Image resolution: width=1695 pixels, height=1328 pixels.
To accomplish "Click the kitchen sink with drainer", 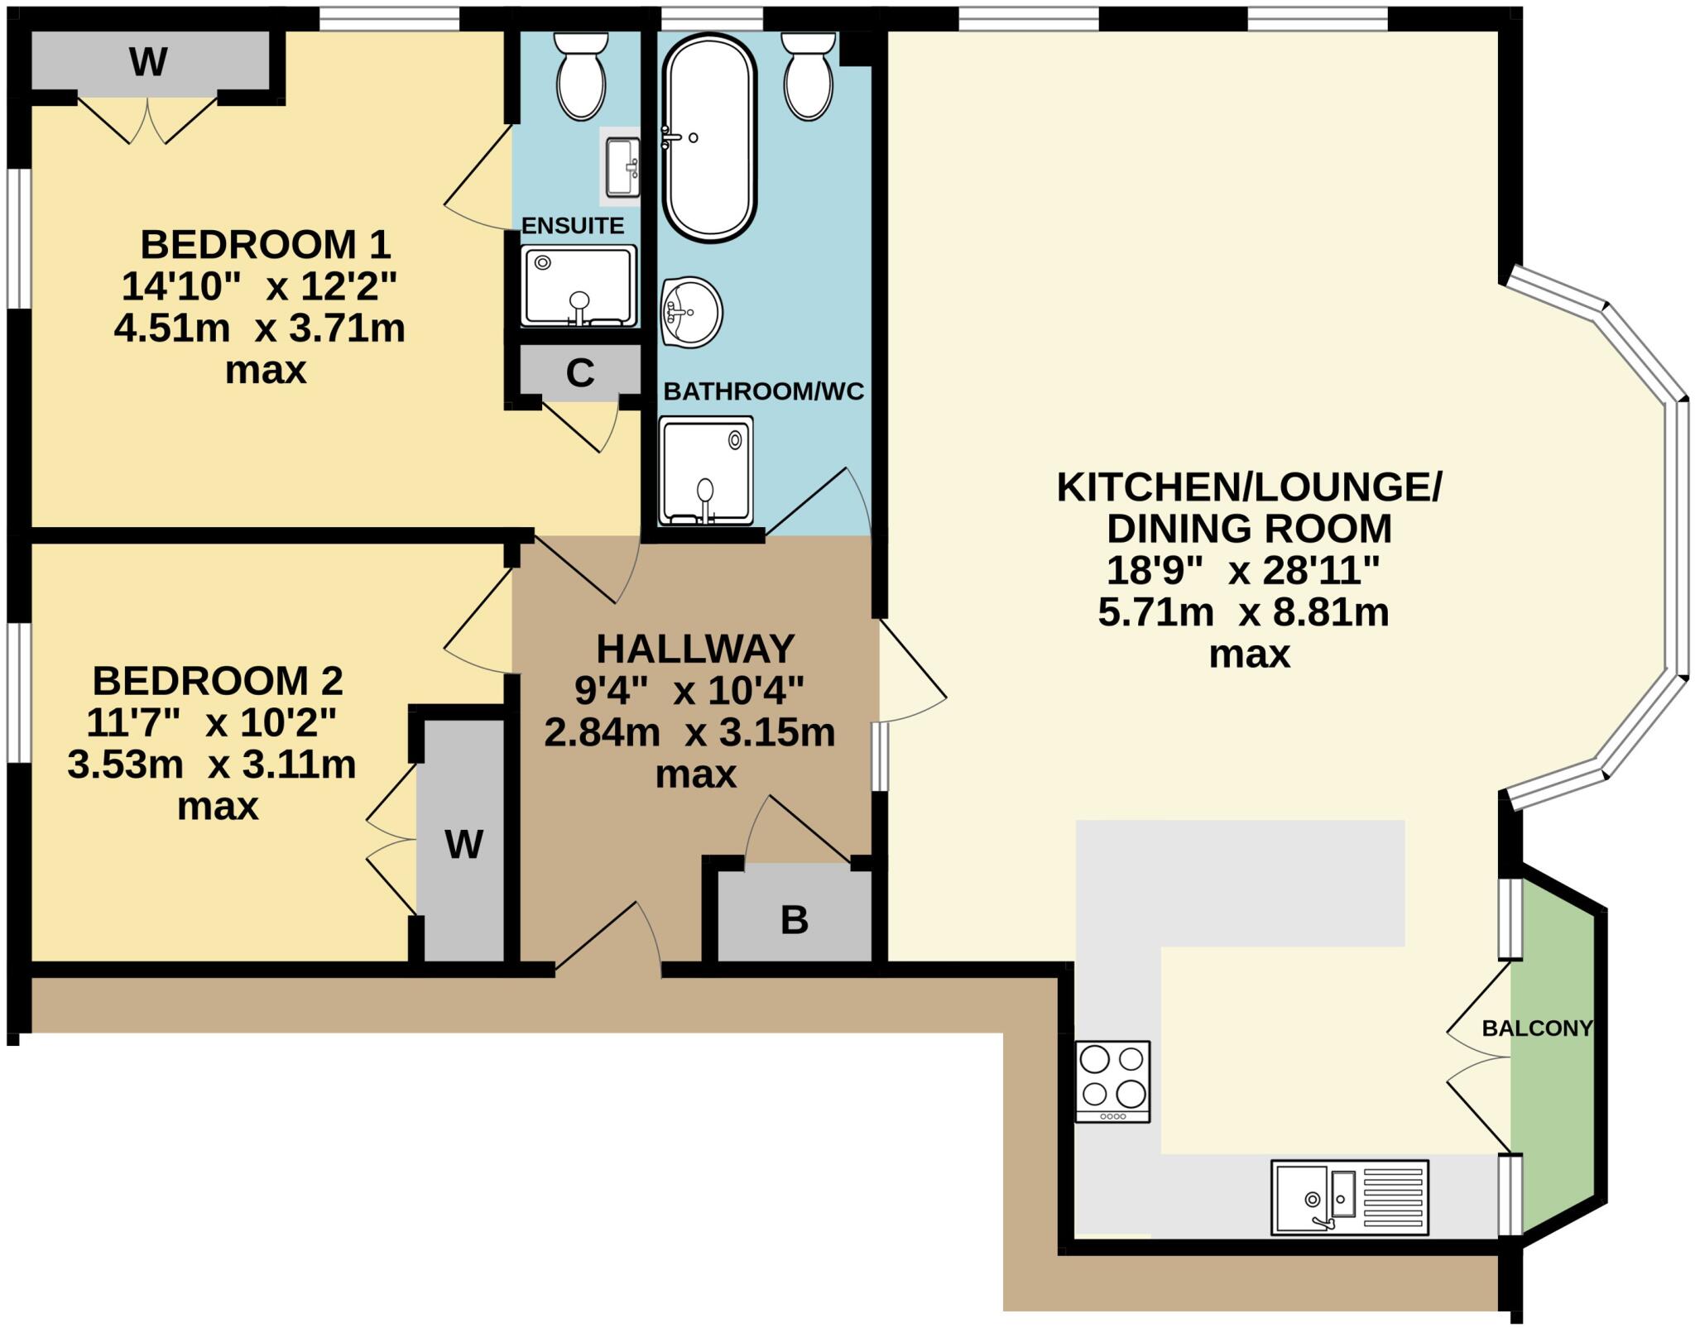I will pyautogui.click(x=1349, y=1197).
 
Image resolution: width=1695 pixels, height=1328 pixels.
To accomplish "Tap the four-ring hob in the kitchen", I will pyautogui.click(x=1112, y=1081).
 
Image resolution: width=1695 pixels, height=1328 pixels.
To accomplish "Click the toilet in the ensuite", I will pyautogui.click(x=581, y=77).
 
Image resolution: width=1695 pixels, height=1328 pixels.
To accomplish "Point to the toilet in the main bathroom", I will pyautogui.click(x=809, y=77).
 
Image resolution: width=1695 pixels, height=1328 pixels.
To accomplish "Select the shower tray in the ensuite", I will pyautogui.click(x=579, y=285).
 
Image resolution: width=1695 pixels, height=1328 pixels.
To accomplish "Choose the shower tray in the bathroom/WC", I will pyautogui.click(x=706, y=470).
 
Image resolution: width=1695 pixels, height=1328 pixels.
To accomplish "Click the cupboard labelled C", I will pyautogui.click(x=580, y=372).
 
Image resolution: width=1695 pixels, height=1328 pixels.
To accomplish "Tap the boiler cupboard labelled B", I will pyautogui.click(x=794, y=919).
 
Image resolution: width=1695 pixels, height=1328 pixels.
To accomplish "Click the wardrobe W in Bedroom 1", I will pyautogui.click(x=149, y=61).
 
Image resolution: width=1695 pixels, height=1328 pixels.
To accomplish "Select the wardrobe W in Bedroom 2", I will pyautogui.click(x=462, y=844).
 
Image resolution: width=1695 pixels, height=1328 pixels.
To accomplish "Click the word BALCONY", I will pyautogui.click(x=1537, y=1028).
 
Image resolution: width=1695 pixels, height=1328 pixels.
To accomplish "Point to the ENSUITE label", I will pyautogui.click(x=573, y=225).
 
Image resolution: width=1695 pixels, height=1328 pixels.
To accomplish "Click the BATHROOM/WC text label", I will pyautogui.click(x=763, y=391).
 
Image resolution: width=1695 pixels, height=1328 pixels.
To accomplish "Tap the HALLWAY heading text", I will pyautogui.click(x=695, y=649).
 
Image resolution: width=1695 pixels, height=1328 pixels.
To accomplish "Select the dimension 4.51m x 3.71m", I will pyautogui.click(x=259, y=328).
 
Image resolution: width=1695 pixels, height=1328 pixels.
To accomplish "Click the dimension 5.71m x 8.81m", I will pyautogui.click(x=1243, y=612).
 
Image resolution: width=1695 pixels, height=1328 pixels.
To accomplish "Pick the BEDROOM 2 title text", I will pyautogui.click(x=218, y=681).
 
